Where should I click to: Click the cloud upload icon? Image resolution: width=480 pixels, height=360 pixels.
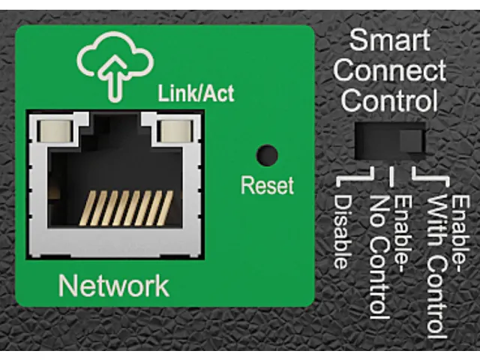(115, 66)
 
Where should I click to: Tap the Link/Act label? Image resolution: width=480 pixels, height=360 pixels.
(196, 93)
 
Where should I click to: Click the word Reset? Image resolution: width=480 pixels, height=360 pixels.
(267, 185)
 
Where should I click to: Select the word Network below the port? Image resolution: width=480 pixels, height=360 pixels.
(113, 286)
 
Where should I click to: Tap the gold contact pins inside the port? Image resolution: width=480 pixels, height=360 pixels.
(126, 208)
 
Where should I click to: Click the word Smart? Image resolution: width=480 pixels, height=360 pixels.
(389, 40)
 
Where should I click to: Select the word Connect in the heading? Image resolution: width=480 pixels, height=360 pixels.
(389, 70)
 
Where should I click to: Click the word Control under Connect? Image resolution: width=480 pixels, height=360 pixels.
(389, 100)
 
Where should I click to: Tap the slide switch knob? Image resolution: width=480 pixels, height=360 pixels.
(412, 141)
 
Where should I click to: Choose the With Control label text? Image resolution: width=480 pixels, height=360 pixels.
(437, 267)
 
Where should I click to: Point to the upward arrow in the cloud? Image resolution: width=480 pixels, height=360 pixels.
(115, 79)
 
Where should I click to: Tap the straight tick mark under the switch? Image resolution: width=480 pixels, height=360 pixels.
(391, 176)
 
